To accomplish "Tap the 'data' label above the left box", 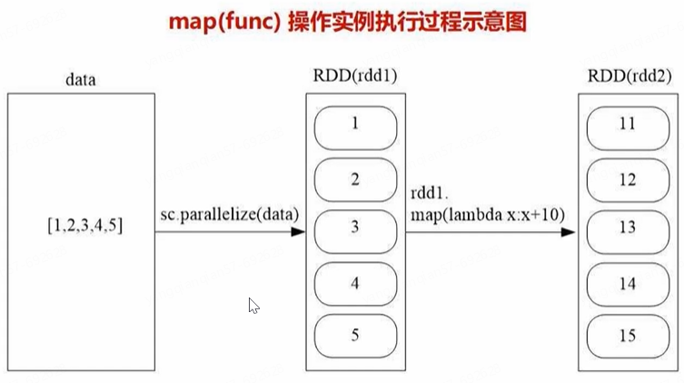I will [82, 79].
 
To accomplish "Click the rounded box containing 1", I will [354, 126].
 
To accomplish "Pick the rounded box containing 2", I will [354, 179].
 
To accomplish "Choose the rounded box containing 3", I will [354, 230].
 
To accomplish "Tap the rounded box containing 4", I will [354, 283].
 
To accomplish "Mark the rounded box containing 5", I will [354, 335].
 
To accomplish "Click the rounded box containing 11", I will [627, 126].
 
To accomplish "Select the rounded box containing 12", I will [627, 179].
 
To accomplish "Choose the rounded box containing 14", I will [627, 283].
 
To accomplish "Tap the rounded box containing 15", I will [627, 335].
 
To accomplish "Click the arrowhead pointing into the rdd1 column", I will [296, 233].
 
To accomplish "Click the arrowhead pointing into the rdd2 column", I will [569, 233].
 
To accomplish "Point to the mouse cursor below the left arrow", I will [253, 306].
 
